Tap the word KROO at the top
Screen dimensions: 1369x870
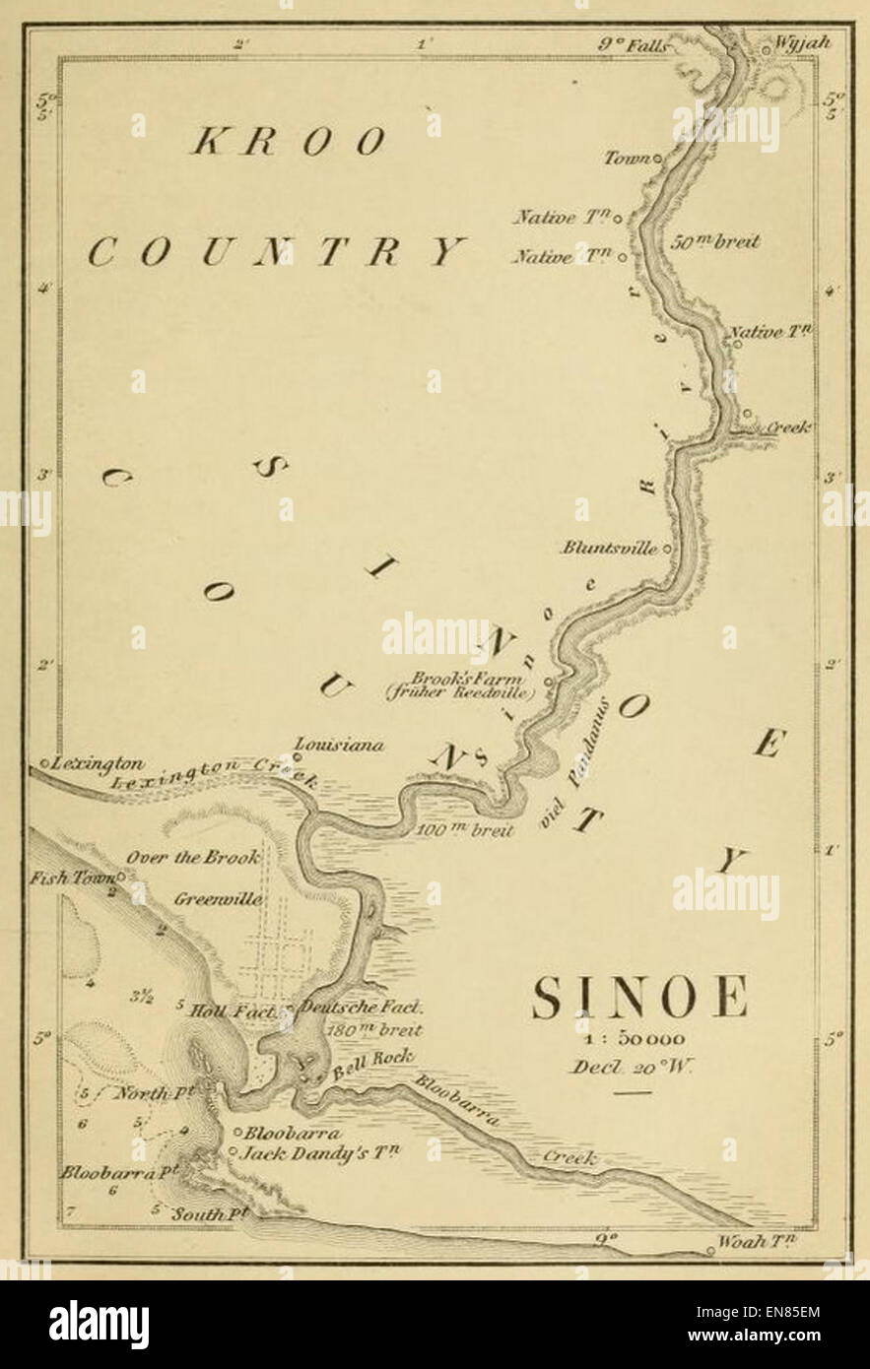pyautogui.click(x=288, y=143)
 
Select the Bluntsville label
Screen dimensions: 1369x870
pyautogui.click(x=609, y=549)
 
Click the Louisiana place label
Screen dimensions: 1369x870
pyautogui.click(x=340, y=746)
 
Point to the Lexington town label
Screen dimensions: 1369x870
pyautogui.click(x=99, y=763)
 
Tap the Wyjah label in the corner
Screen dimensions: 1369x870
pyautogui.click(x=803, y=43)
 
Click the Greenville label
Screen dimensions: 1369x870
pyautogui.click(x=218, y=898)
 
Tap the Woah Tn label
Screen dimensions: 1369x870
pyautogui.click(x=755, y=1242)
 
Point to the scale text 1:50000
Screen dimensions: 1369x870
pyautogui.click(x=638, y=1039)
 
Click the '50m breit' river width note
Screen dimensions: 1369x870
pyautogui.click(x=714, y=241)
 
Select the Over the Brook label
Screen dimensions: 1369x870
pyautogui.click(x=192, y=857)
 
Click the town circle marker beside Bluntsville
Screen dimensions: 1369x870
pyautogui.click(x=667, y=549)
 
